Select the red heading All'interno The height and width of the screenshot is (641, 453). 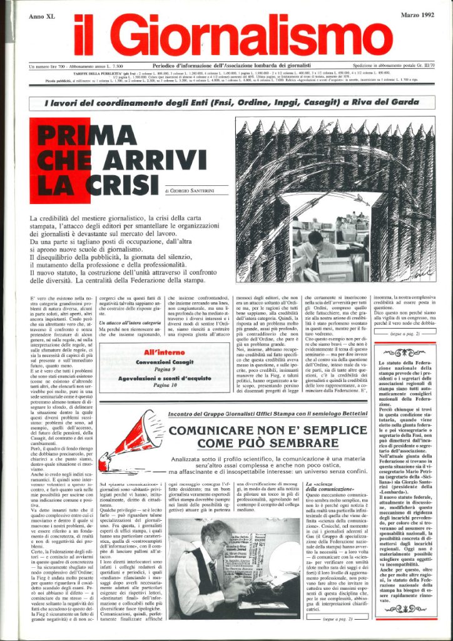click(x=165, y=344)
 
